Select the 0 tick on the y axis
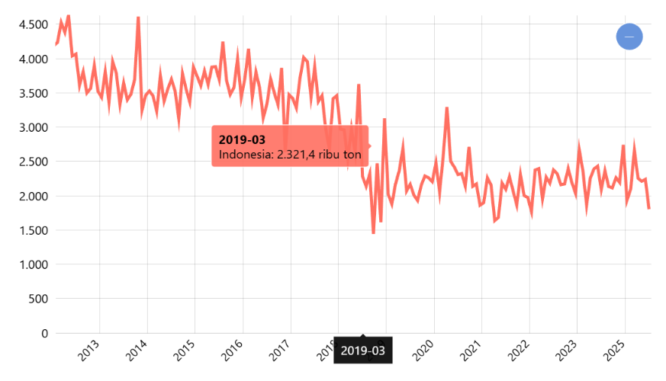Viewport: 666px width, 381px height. point(44,333)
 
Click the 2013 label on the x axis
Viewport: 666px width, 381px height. point(90,351)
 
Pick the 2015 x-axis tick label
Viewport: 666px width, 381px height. point(185,351)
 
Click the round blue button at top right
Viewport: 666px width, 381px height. point(629,37)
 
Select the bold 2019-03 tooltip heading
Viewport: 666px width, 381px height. point(242,139)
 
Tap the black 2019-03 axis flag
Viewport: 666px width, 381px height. point(363,351)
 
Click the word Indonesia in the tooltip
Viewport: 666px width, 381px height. point(244,155)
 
